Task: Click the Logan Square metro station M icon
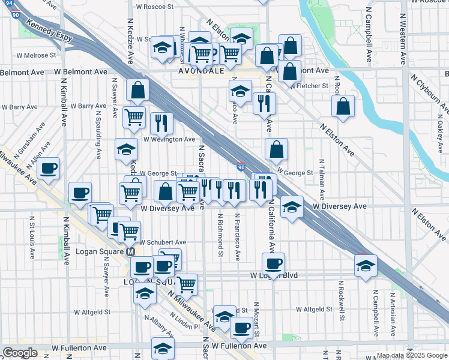(x=129, y=252)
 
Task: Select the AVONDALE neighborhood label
(x=201, y=70)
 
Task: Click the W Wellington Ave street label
(x=169, y=139)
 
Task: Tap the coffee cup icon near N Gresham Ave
(x=49, y=168)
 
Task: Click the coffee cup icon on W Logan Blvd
(x=273, y=263)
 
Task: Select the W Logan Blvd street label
(x=274, y=275)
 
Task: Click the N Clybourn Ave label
(x=429, y=92)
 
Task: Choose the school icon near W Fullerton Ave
(x=162, y=347)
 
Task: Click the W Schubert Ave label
(x=163, y=242)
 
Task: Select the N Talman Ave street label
(x=322, y=179)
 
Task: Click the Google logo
(x=19, y=353)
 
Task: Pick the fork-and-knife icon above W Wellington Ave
(x=161, y=122)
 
